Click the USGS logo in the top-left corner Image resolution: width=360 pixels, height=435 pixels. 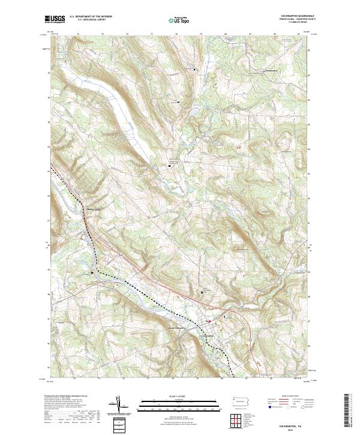point(55,20)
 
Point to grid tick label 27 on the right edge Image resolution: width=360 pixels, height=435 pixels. point(308,75)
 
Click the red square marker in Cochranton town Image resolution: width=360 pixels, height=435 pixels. point(209,322)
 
